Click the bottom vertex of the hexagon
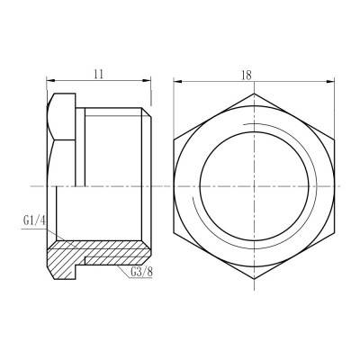click(253, 281)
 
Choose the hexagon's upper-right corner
click(336, 137)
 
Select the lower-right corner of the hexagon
click(336, 233)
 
